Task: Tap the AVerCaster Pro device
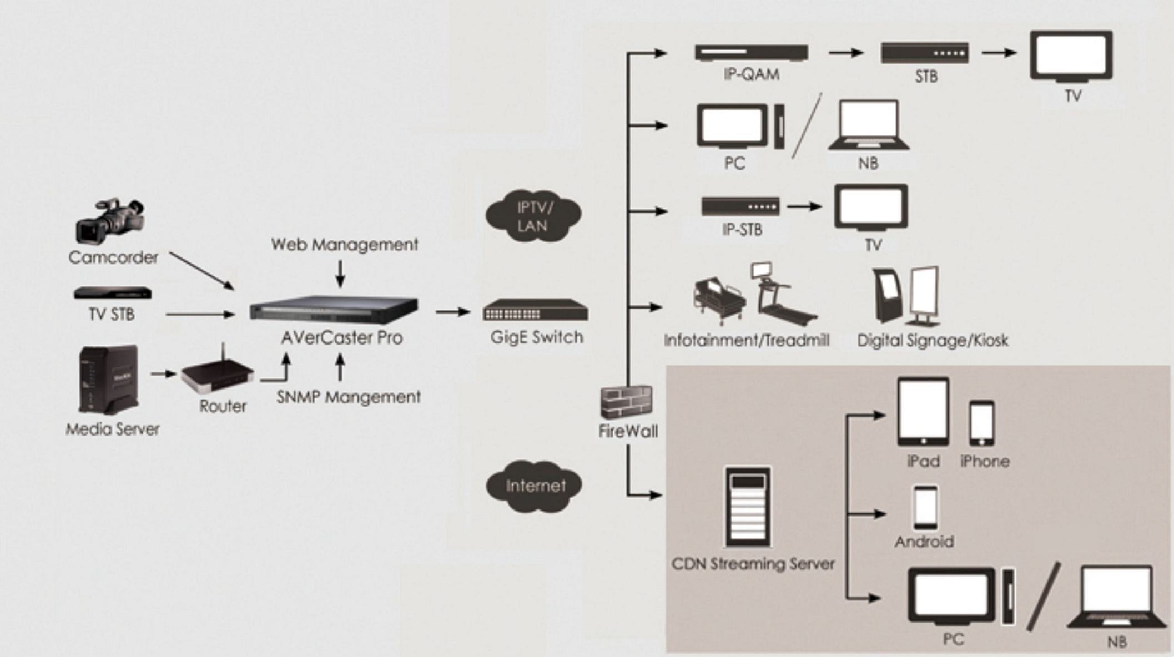(334, 310)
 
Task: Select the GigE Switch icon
(535, 310)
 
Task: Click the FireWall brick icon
(626, 402)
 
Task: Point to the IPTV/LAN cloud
(533, 216)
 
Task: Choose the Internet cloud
(535, 486)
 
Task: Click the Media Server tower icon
(108, 380)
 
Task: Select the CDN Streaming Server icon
(748, 507)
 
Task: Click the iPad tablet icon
(923, 412)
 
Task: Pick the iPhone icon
(981, 423)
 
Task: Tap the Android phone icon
(925, 508)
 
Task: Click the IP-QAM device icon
(751, 53)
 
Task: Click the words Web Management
(345, 245)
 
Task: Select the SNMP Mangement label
(349, 397)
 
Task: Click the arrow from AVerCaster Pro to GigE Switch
(453, 312)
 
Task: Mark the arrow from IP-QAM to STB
(846, 53)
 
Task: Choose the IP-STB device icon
(740, 206)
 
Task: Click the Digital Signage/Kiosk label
(933, 340)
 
